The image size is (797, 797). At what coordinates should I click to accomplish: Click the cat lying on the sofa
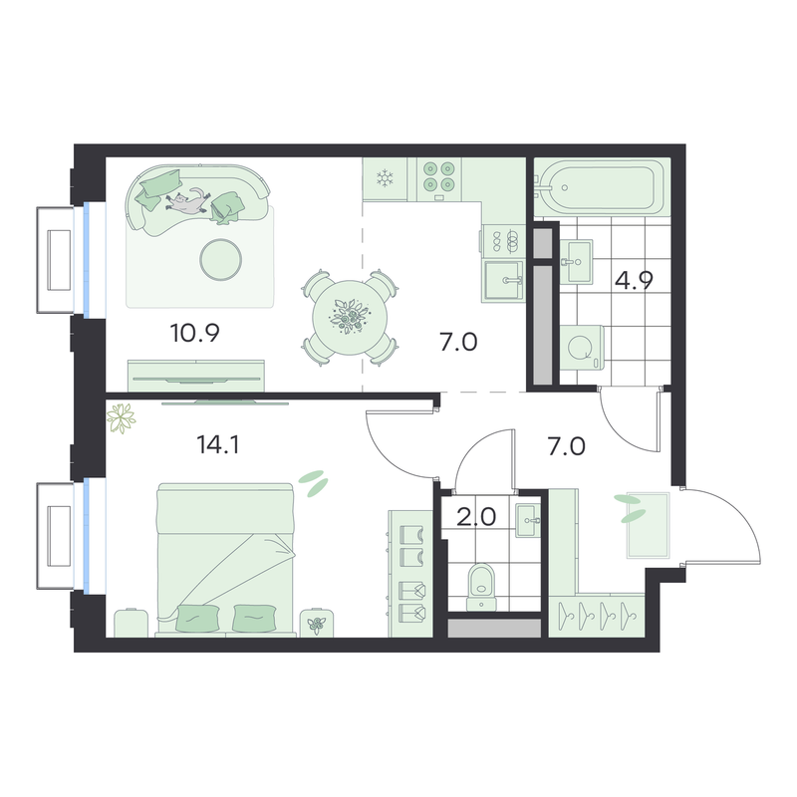pos(187,201)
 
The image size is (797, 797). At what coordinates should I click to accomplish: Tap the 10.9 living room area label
pos(194,334)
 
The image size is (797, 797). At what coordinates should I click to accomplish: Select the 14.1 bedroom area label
pos(217,445)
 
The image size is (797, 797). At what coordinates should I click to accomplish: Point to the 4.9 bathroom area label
pos(634,280)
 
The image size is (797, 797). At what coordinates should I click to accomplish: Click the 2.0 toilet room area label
pos(476,517)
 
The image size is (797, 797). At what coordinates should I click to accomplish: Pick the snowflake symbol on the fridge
pos(386,179)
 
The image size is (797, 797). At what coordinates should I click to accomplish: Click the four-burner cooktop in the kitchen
pos(439,179)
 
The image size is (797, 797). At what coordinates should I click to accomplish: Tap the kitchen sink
pos(503,280)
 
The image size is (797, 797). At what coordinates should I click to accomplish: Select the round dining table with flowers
pos(350,318)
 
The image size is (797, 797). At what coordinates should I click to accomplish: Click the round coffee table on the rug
pos(220,260)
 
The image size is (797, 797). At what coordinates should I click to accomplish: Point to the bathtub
pos(603,186)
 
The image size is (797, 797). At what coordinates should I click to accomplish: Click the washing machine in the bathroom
pos(582,348)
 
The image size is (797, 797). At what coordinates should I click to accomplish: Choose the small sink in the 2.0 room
pos(528,520)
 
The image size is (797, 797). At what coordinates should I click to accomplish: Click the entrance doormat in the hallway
pos(648,525)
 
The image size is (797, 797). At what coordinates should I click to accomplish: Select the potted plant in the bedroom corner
pos(121,418)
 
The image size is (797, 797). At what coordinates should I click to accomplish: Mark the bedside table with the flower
pos(317,623)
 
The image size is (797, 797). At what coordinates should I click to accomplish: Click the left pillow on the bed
pos(197,618)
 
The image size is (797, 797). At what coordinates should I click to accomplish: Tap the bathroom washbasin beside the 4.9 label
pos(579,262)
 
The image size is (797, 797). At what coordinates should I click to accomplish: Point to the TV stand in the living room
pos(196,376)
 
